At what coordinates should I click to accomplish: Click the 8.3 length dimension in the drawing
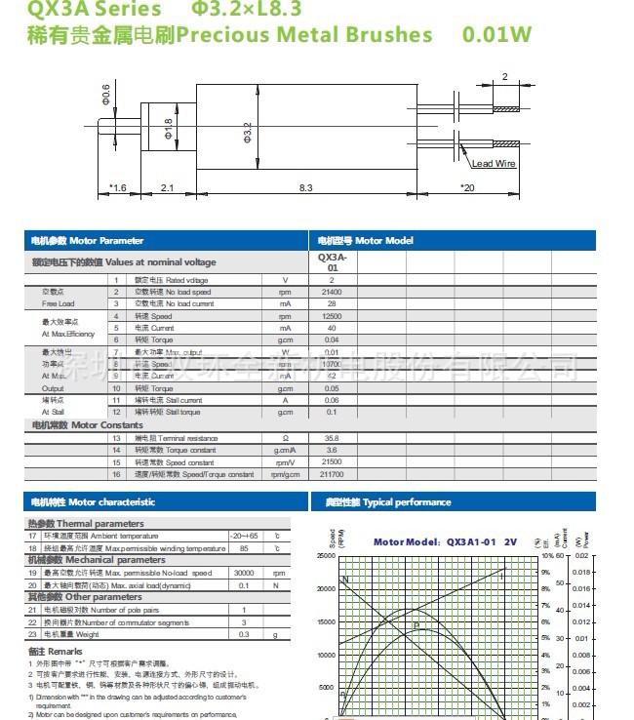pos(306,187)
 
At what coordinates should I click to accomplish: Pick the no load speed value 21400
pos(332,292)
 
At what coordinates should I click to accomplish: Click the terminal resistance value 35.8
pos(332,438)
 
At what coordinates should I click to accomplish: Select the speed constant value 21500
pos(332,461)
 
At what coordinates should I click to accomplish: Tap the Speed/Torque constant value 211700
pos(332,474)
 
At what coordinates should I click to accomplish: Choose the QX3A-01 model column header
pos(332,261)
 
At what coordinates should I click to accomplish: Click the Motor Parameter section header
pos(87,240)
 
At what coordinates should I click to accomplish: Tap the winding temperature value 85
pos(244,548)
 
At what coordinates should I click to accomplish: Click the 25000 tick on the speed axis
pos(326,555)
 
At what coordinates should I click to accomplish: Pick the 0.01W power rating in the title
pos(497,35)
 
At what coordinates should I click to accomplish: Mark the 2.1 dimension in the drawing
pos(167,187)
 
